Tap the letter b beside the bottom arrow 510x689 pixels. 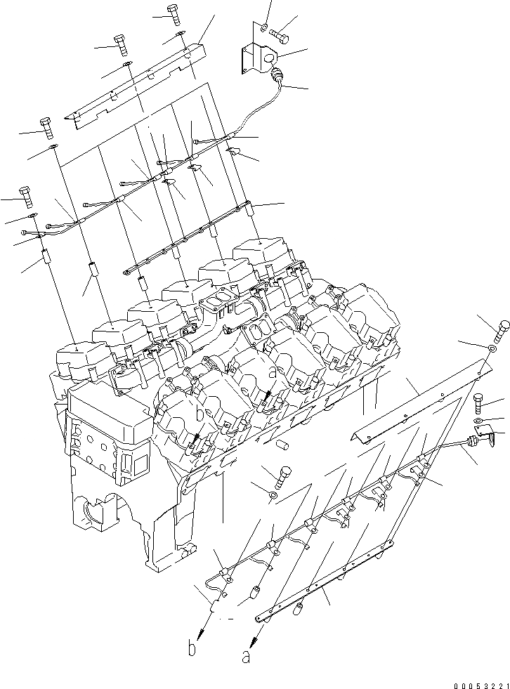(x=192, y=650)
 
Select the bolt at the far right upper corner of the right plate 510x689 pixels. (x=504, y=329)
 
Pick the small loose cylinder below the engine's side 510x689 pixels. (x=283, y=445)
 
